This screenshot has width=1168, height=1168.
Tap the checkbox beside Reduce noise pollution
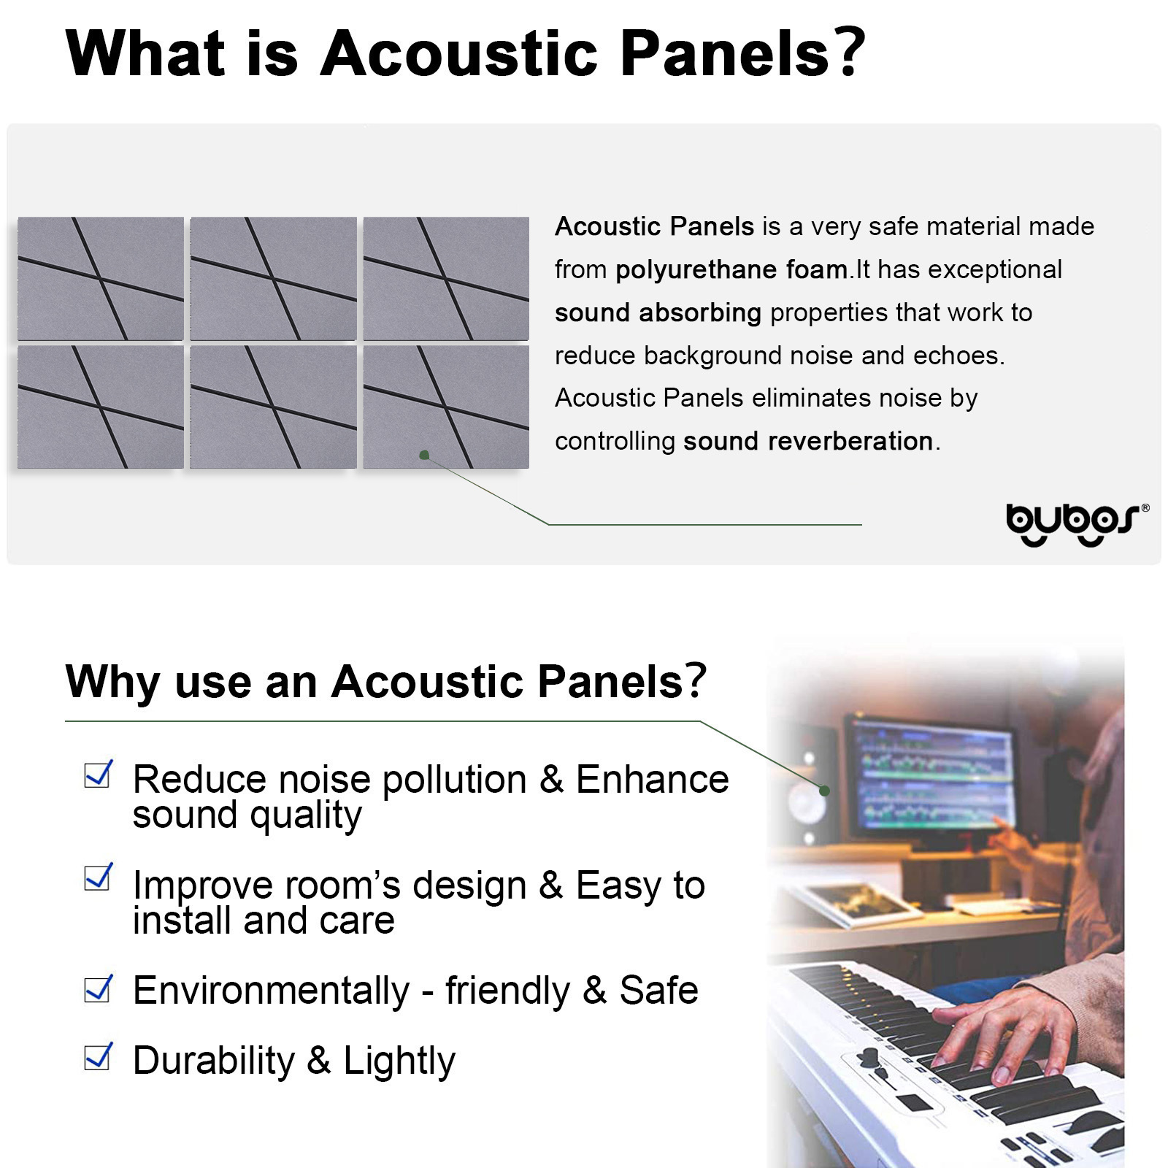point(98,775)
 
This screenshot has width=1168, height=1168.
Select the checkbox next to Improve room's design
point(98,877)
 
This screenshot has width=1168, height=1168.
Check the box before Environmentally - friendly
point(98,989)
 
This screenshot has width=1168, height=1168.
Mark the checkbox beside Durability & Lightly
point(98,1056)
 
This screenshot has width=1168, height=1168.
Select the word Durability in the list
point(213,1060)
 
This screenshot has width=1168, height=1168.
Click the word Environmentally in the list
point(271,991)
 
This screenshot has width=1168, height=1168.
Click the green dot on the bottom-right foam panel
point(424,455)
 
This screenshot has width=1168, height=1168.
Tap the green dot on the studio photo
point(824,791)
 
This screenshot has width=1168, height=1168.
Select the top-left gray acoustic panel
point(101,278)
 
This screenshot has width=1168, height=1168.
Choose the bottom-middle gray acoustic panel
point(273,407)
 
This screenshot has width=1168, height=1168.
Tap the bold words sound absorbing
point(658,312)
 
